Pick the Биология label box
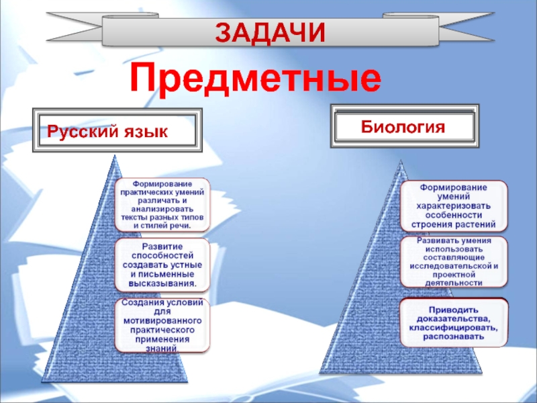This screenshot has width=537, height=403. pyautogui.click(x=404, y=126)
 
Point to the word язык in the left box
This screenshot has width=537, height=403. pyautogui.click(x=144, y=130)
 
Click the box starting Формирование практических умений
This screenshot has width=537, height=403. pyautogui.click(x=162, y=204)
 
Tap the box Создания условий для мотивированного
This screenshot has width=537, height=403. pyautogui.click(x=162, y=325)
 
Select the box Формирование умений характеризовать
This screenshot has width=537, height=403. pyautogui.click(x=454, y=205)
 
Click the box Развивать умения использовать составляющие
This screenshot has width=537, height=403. pyautogui.click(x=454, y=261)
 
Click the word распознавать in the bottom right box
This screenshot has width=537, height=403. pyautogui.click(x=454, y=337)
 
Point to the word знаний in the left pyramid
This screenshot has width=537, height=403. pyautogui.click(x=162, y=349)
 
